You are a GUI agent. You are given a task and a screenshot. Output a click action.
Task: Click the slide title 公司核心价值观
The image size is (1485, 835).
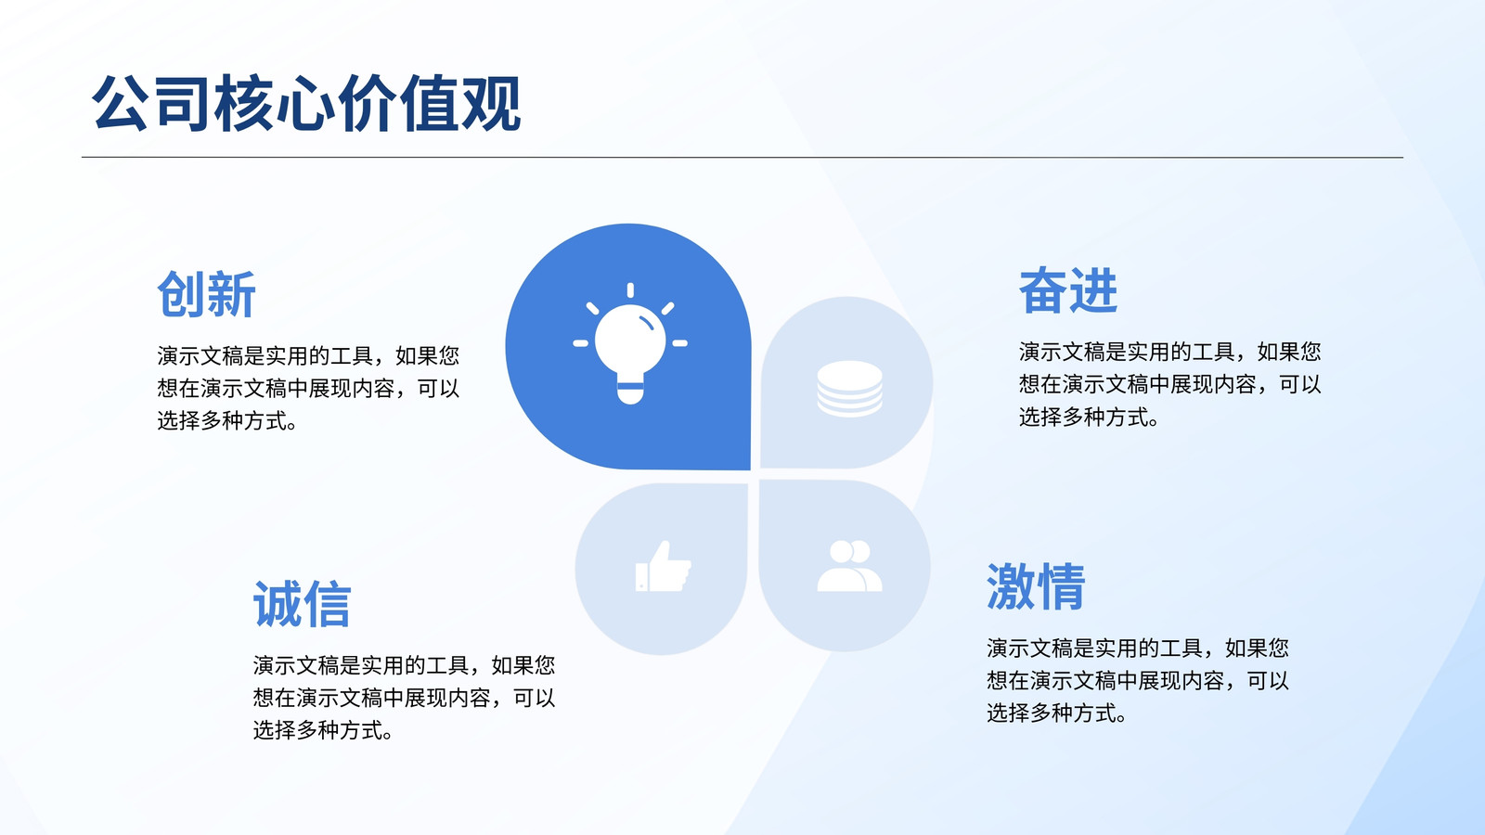pyautogui.click(x=306, y=103)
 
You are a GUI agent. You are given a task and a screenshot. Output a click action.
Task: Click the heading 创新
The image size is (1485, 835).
pyautogui.click(x=206, y=294)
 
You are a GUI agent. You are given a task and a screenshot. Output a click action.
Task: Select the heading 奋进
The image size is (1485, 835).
pyautogui.click(x=1068, y=290)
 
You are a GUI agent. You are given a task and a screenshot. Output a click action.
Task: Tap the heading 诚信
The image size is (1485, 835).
pyautogui.click(x=302, y=604)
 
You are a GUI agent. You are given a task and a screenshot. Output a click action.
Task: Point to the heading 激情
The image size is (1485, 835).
pyautogui.click(x=1036, y=585)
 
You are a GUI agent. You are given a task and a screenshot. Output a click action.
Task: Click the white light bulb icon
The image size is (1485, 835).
pyautogui.click(x=630, y=344)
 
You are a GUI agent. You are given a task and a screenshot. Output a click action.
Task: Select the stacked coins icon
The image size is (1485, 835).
pyautogui.click(x=849, y=389)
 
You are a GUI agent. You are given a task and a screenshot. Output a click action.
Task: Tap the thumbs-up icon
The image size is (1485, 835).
pyautogui.click(x=663, y=567)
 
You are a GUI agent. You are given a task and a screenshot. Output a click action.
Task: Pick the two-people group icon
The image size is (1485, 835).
pyautogui.click(x=849, y=566)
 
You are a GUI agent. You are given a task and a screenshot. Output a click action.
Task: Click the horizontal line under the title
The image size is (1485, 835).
pyautogui.click(x=742, y=157)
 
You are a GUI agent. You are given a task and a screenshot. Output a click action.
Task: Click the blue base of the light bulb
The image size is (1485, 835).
pyautogui.click(x=630, y=386)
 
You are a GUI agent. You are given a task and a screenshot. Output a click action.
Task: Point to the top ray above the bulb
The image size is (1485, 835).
pyautogui.click(x=630, y=290)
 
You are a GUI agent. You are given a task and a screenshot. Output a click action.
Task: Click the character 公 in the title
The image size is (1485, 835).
pyautogui.click(x=121, y=103)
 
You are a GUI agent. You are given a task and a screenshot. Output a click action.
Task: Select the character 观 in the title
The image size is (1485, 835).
pyautogui.click(x=491, y=103)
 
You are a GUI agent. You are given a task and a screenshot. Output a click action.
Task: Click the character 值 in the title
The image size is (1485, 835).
pyautogui.click(x=430, y=103)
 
